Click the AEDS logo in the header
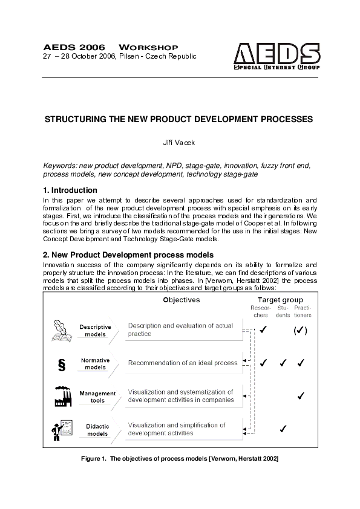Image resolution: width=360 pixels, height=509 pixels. (277, 56)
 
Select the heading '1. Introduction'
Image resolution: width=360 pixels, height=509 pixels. (70, 190)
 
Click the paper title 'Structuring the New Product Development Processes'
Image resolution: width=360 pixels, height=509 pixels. (179, 119)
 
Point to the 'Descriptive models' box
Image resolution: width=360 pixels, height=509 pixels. (96, 331)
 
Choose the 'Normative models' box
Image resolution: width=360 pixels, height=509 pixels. (96, 363)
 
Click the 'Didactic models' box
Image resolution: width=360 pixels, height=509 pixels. (97, 430)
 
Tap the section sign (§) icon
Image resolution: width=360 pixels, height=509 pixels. (61, 365)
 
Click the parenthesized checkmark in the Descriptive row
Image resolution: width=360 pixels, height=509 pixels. (301, 331)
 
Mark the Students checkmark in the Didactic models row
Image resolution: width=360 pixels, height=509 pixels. (282, 429)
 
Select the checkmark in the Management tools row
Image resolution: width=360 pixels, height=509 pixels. (301, 396)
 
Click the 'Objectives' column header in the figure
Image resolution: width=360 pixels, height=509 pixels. (182, 300)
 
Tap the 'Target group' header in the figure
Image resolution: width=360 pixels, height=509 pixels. (280, 300)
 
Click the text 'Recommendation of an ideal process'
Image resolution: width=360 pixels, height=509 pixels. (182, 363)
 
